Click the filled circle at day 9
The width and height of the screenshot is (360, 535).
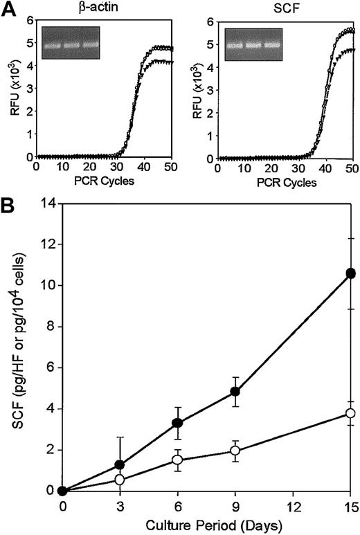tap(235, 392)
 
